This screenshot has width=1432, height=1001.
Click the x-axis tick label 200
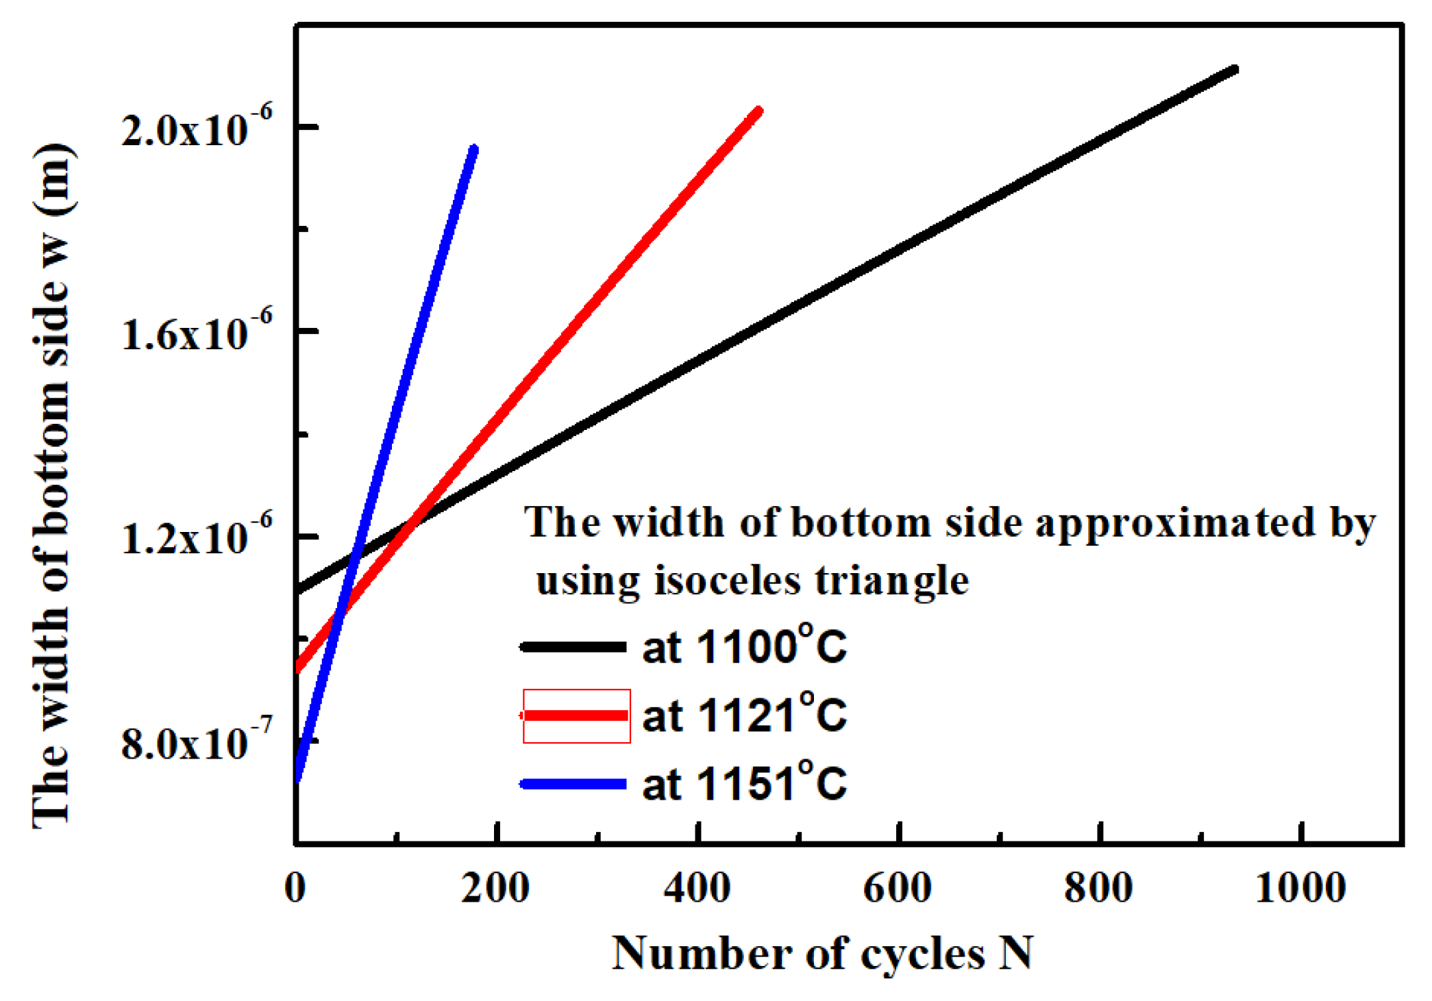[495, 889]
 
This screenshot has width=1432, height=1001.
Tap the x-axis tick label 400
[697, 889]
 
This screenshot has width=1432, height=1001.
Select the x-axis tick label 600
[898, 889]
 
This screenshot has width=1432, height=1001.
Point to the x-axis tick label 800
[1098, 889]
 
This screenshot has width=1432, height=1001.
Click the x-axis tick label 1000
[1300, 889]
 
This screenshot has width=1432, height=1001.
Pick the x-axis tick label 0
[295, 889]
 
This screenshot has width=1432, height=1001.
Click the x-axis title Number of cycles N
[822, 953]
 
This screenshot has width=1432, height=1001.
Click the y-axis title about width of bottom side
[52, 486]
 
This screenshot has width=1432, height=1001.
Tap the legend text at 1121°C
[745, 715]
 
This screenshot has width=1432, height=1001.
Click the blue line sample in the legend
[574, 784]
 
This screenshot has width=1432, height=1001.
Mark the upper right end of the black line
[1234, 71]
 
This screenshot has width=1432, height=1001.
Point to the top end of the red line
[758, 111]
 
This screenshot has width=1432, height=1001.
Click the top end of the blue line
[473, 149]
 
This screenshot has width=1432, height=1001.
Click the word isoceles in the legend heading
[728, 581]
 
